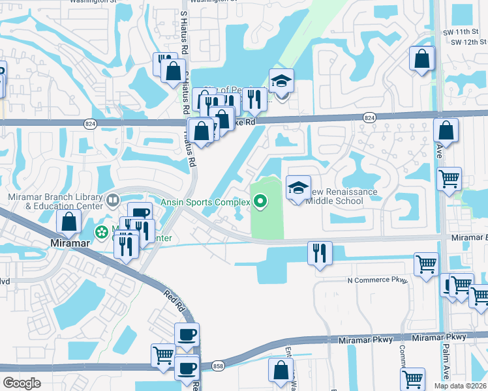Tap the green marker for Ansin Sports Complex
pyautogui.click(x=260, y=202)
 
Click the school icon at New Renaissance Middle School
pyautogui.click(x=298, y=188)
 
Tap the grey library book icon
pyautogui.click(x=113, y=199)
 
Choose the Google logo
pyautogui.click(x=22, y=383)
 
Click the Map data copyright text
pyautogui.click(x=461, y=386)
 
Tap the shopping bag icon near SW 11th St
pyautogui.click(x=422, y=59)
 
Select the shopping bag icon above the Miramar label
pyautogui.click(x=69, y=223)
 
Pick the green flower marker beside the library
pyautogui.click(x=102, y=231)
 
